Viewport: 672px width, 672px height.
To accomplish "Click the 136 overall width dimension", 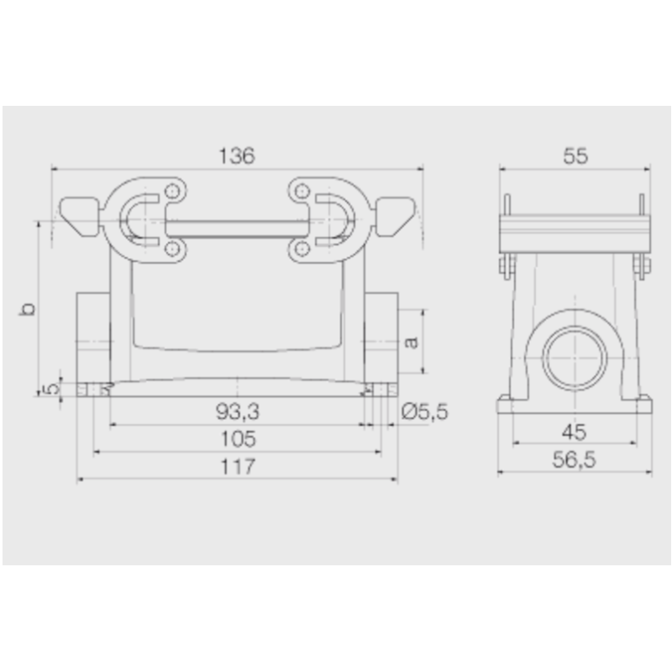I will (236, 155).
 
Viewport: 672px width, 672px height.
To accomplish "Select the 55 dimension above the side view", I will (575, 155).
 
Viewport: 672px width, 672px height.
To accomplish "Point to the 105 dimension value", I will (237, 438).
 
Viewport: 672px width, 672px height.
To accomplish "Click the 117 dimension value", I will (237, 466).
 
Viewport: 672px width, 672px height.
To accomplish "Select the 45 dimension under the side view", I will (575, 432).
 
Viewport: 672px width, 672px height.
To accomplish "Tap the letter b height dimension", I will (28, 308).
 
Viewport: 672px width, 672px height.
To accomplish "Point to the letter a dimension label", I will (411, 341).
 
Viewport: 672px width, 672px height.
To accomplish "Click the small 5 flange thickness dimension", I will (51, 388).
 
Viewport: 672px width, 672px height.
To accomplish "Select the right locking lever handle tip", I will (398, 215).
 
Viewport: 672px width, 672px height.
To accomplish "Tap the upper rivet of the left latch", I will (172, 190).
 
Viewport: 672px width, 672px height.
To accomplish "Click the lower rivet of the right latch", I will (301, 249).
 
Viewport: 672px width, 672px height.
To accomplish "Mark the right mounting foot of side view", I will (643, 404).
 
